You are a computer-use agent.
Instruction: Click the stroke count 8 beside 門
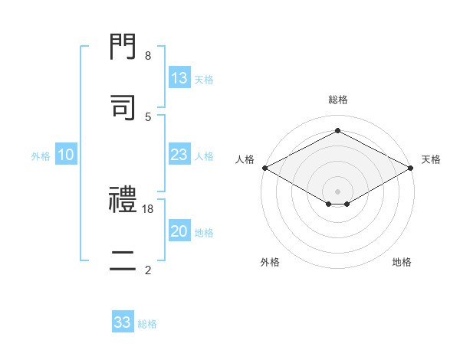pyautogui.click(x=148, y=56)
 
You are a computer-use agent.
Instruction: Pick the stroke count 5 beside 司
pyautogui.click(x=148, y=116)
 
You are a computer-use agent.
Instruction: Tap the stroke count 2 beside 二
pyautogui.click(x=148, y=270)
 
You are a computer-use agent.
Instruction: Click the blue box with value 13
pyautogui.click(x=179, y=78)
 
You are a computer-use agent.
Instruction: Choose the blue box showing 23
pyautogui.click(x=179, y=155)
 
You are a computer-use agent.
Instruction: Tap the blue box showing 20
pyautogui.click(x=179, y=231)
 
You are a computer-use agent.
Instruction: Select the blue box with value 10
pyautogui.click(x=66, y=155)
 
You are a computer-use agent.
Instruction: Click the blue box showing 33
pyautogui.click(x=123, y=322)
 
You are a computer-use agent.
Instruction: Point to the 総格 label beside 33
pyautogui.click(x=147, y=324)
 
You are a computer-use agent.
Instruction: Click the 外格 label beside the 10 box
pyautogui.click(x=41, y=156)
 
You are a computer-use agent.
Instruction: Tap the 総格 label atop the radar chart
pyautogui.click(x=337, y=100)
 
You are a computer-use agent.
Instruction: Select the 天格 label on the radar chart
pyautogui.click(x=431, y=159)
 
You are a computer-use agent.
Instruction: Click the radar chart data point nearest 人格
pyautogui.click(x=264, y=168)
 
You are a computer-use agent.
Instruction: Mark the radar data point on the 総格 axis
pyautogui.click(x=337, y=130)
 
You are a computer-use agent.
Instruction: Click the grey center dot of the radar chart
pyautogui.click(x=337, y=191)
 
